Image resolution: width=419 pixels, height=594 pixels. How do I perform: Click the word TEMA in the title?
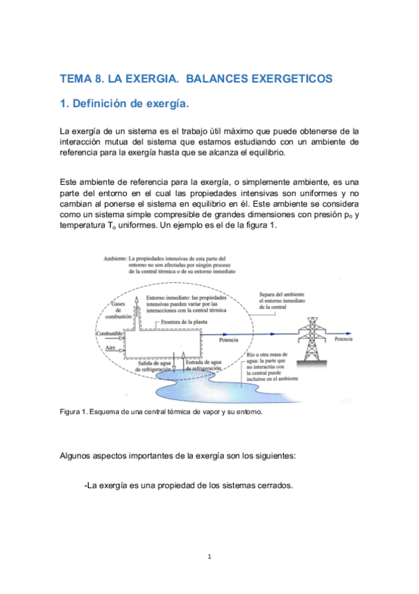[76, 79]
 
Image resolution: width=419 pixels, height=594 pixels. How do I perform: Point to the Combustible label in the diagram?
[108, 333]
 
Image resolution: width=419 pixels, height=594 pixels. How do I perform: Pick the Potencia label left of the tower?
[228, 340]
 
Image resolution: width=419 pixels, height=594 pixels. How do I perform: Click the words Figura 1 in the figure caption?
[73, 412]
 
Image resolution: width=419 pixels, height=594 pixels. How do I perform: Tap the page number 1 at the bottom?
[209, 557]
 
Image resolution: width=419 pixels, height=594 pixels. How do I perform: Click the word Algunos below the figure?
[79, 455]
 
